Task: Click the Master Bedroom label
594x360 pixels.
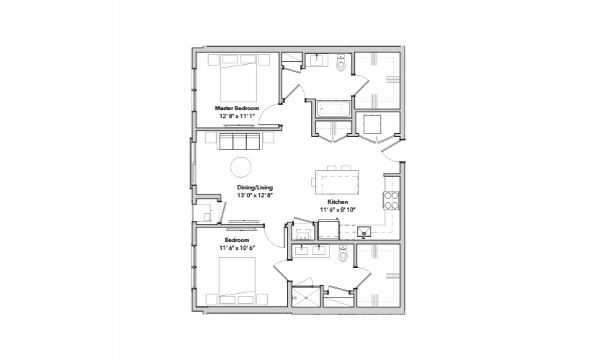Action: point(237,109)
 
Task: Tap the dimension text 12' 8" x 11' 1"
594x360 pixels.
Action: point(237,116)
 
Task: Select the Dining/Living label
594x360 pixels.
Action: point(255,187)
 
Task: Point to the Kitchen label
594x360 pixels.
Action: point(338,202)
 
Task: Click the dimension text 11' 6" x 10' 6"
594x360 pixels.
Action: point(237,248)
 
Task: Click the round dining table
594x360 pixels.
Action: point(241,167)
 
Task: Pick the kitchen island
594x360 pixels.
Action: point(337,182)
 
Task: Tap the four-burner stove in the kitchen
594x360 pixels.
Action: point(392,201)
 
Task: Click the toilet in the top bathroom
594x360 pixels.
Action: point(342,63)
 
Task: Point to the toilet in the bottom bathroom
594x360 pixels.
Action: point(343,253)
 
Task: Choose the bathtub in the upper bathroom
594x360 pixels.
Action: point(334,109)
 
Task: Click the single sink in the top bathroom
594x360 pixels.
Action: point(317,60)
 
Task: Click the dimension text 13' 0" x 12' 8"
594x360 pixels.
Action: point(255,195)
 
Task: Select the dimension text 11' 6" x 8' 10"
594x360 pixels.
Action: point(338,210)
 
